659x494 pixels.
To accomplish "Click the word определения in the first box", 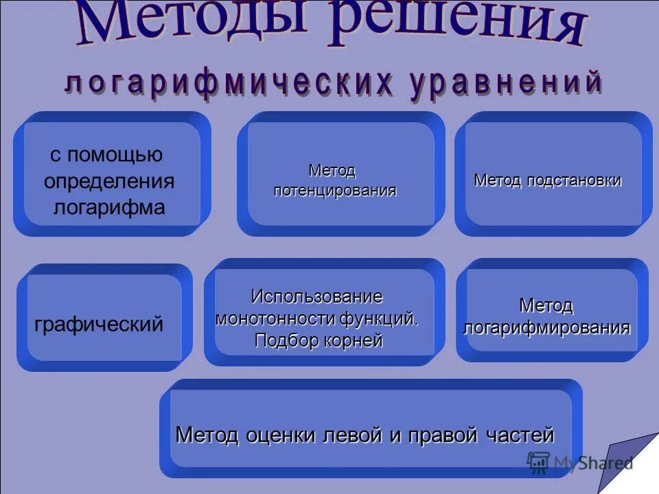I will [x=109, y=182].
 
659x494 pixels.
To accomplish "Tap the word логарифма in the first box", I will [x=109, y=207].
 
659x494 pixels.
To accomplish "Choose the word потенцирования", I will [x=335, y=190].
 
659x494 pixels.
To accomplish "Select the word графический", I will [x=99, y=324].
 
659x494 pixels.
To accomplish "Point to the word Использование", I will [x=316, y=296].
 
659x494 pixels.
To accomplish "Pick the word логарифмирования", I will [x=546, y=327].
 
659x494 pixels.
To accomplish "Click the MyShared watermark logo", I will [x=579, y=462].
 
